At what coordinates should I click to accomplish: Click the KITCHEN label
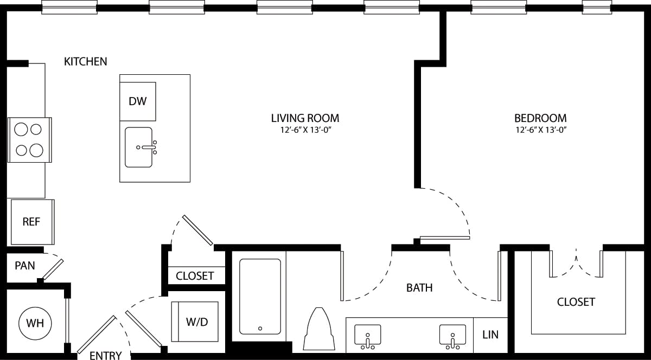[x=86, y=61]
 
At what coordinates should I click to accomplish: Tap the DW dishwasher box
[x=138, y=101]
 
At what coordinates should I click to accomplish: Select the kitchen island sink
[x=139, y=147]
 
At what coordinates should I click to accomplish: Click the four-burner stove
[x=29, y=139]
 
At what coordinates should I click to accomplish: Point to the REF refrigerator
[x=31, y=222]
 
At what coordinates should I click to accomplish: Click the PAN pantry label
[x=24, y=266]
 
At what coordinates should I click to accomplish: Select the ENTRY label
[x=105, y=356]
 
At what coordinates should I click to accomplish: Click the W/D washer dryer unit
[x=196, y=322]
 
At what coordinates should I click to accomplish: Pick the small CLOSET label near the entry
[x=195, y=275]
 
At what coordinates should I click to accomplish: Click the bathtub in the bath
[x=260, y=297]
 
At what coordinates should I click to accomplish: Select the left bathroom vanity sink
[x=368, y=336]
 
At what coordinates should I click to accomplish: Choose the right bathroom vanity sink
[x=452, y=336]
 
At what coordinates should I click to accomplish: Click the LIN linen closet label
[x=490, y=335]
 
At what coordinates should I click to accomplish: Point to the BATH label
[x=419, y=287]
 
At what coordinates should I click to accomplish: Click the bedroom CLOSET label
[x=576, y=302]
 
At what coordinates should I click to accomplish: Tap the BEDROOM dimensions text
[x=540, y=130]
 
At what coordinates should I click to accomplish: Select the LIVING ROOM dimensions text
[x=305, y=130]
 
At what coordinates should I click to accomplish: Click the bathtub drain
[x=260, y=328]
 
